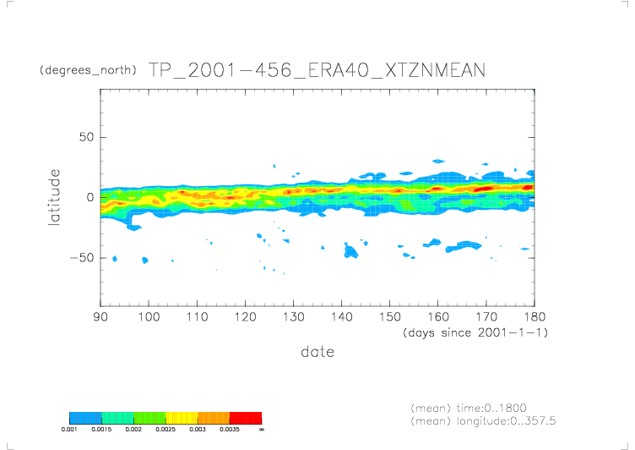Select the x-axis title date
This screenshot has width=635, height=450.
click(x=317, y=351)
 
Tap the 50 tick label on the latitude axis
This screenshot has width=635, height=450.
click(x=86, y=137)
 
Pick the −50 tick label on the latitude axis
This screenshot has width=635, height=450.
click(x=82, y=257)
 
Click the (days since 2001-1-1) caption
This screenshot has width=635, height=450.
click(x=475, y=332)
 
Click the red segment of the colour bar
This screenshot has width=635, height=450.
click(x=245, y=418)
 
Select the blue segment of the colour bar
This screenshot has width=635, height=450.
click(x=85, y=418)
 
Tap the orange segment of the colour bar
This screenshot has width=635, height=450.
click(x=213, y=418)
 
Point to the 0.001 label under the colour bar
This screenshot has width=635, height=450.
click(x=70, y=430)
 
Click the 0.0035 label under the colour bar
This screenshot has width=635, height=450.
click(x=229, y=430)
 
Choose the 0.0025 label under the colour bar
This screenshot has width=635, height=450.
click(x=166, y=430)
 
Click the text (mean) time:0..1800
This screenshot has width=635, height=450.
click(x=469, y=408)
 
